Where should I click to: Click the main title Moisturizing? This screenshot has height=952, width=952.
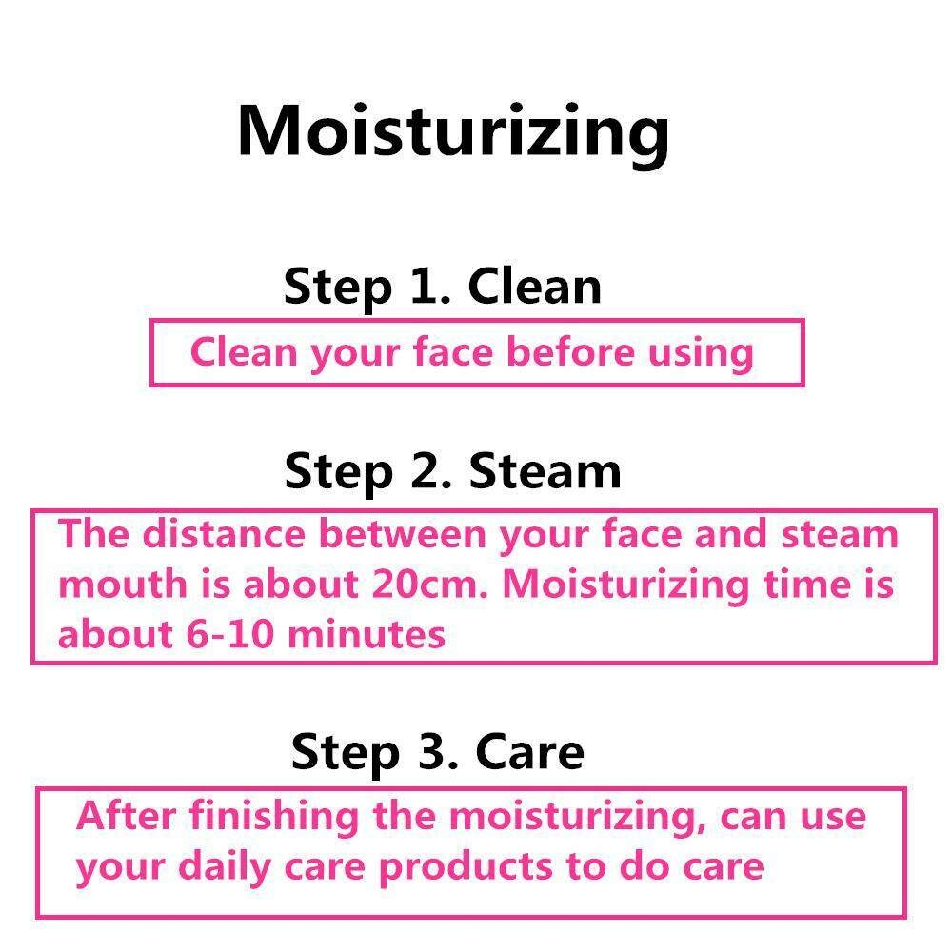click(453, 134)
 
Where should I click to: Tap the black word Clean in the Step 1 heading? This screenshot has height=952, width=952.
click(534, 286)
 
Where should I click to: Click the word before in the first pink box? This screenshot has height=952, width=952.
click(570, 351)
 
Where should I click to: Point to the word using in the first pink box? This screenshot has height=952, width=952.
click(701, 354)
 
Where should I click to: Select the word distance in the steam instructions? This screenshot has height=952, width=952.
click(224, 534)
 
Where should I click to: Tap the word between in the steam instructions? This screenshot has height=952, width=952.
click(402, 534)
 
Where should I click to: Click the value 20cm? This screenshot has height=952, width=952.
click(430, 585)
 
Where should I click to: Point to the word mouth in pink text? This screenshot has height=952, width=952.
click(123, 585)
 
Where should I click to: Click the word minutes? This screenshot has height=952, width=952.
click(367, 634)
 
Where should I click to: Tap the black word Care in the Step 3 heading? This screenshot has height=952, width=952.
click(529, 751)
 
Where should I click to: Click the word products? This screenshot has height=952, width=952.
click(466, 868)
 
